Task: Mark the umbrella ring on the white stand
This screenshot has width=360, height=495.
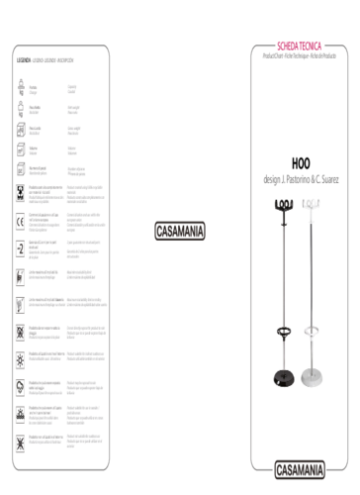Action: (313, 331)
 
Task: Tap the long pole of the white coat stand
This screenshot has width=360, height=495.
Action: (313, 277)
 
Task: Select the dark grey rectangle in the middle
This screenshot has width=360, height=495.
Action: (180, 231)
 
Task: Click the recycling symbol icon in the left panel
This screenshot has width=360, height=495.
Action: (21, 192)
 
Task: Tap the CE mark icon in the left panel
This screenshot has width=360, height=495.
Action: (21, 220)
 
